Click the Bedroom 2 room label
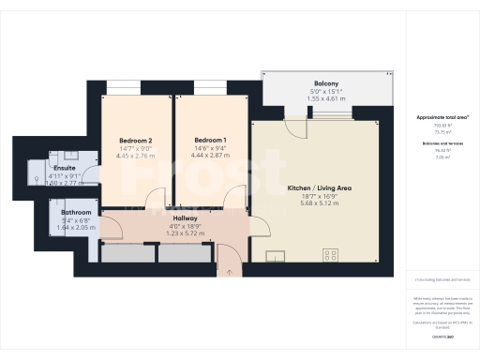136,141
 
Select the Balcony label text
326,83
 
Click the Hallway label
184,217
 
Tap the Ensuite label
64,168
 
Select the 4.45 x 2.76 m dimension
136,157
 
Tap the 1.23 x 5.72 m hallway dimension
184,233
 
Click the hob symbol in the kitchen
330,254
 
